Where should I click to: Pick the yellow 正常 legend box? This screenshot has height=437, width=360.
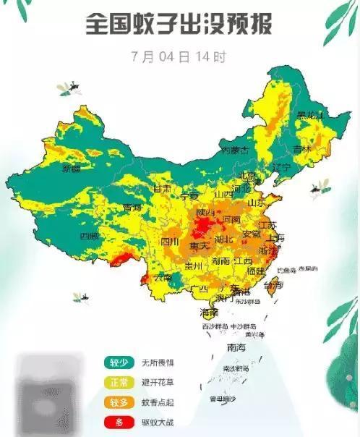(119, 382)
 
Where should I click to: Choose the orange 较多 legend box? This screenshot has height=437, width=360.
(119, 402)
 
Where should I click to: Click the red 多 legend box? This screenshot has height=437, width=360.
(119, 421)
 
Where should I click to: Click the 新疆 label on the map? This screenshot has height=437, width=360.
(72, 169)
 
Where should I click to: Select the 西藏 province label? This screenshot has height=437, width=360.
(89, 237)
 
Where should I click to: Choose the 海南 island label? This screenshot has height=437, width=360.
(209, 313)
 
